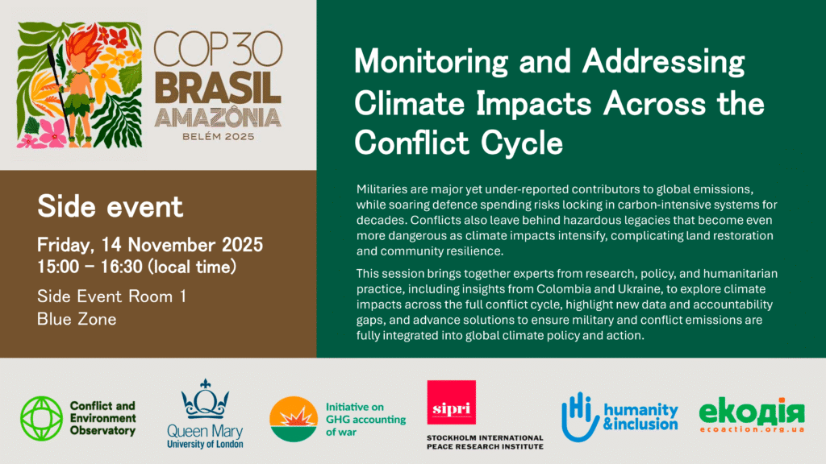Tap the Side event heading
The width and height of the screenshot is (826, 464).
tap(111, 207)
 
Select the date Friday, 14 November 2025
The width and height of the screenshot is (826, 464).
tap(150, 245)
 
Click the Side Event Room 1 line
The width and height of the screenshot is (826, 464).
tap(112, 296)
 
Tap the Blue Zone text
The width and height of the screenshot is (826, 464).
tap(77, 319)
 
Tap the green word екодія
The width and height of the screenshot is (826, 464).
tap(751, 413)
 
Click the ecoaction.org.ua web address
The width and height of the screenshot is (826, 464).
tap(751, 432)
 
